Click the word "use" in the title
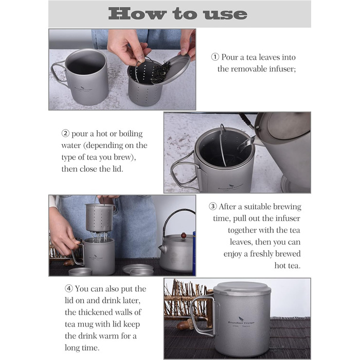(x=225, y=14)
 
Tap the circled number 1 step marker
(x=215, y=57)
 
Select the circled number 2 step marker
(x=65, y=133)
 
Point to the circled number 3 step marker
(x=212, y=206)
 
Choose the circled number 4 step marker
(x=68, y=289)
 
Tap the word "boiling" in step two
(x=131, y=134)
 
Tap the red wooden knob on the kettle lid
(x=183, y=236)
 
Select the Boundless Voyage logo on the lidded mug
(x=241, y=321)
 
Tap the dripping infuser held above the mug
(x=99, y=218)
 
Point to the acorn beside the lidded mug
(x=185, y=325)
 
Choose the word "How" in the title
(x=137, y=14)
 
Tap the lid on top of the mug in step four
(x=242, y=289)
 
